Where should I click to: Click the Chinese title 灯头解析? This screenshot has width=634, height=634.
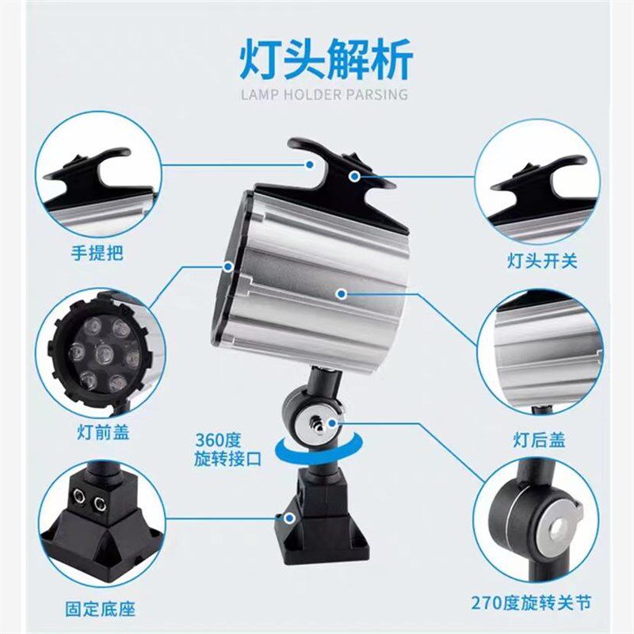point(326,61)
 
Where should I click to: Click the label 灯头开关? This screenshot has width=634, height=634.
point(542,259)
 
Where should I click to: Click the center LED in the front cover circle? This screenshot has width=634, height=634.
point(102,354)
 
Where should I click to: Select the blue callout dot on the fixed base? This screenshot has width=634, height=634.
point(292,519)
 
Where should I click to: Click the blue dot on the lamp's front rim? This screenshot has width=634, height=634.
point(228,265)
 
